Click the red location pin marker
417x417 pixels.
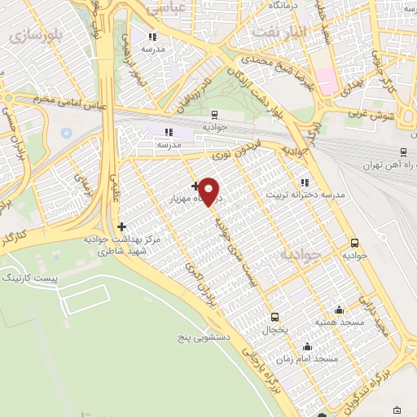pyautogui.click(x=209, y=191)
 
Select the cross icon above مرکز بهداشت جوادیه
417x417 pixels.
pyautogui.click(x=121, y=226)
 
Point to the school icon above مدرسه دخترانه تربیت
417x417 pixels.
pyautogui.click(x=304, y=183)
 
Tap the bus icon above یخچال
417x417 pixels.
pyautogui.click(x=274, y=318)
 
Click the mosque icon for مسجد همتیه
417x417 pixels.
pyautogui.click(x=339, y=309)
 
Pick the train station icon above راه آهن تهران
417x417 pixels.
pyautogui.click(x=403, y=152)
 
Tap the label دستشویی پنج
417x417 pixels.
pyautogui.click(x=206, y=335)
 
